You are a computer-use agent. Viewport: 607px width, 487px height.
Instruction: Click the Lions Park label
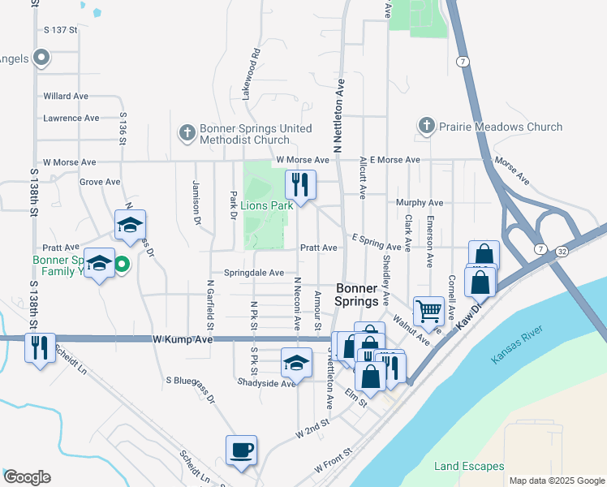(x=265, y=205)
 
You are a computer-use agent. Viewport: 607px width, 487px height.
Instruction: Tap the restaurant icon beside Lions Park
(x=300, y=184)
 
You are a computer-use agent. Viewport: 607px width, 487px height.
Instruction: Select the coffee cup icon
(x=242, y=449)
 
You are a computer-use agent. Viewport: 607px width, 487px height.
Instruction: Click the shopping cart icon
(x=428, y=309)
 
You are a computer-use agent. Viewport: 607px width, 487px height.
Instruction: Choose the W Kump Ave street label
(x=183, y=339)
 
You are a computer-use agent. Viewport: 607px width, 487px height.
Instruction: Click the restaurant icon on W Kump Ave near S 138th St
(x=40, y=347)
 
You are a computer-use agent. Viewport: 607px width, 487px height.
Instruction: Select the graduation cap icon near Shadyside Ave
(x=296, y=362)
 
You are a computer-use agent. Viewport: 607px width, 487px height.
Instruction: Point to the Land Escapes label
(x=469, y=466)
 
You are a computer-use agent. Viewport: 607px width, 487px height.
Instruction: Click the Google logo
(x=27, y=477)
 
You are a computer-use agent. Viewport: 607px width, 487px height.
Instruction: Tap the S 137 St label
(x=60, y=30)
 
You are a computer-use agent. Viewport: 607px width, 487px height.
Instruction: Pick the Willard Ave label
(x=66, y=96)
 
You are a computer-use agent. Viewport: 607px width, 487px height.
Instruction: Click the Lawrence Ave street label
(x=71, y=118)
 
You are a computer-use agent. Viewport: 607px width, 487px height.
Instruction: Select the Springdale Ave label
(x=254, y=274)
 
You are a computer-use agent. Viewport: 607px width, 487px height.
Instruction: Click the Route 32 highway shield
(x=562, y=252)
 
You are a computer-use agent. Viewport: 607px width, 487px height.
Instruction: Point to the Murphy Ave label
(x=419, y=202)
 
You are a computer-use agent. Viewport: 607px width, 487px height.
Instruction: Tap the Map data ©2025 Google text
(x=556, y=481)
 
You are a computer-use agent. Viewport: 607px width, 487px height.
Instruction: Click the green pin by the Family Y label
(x=122, y=263)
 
